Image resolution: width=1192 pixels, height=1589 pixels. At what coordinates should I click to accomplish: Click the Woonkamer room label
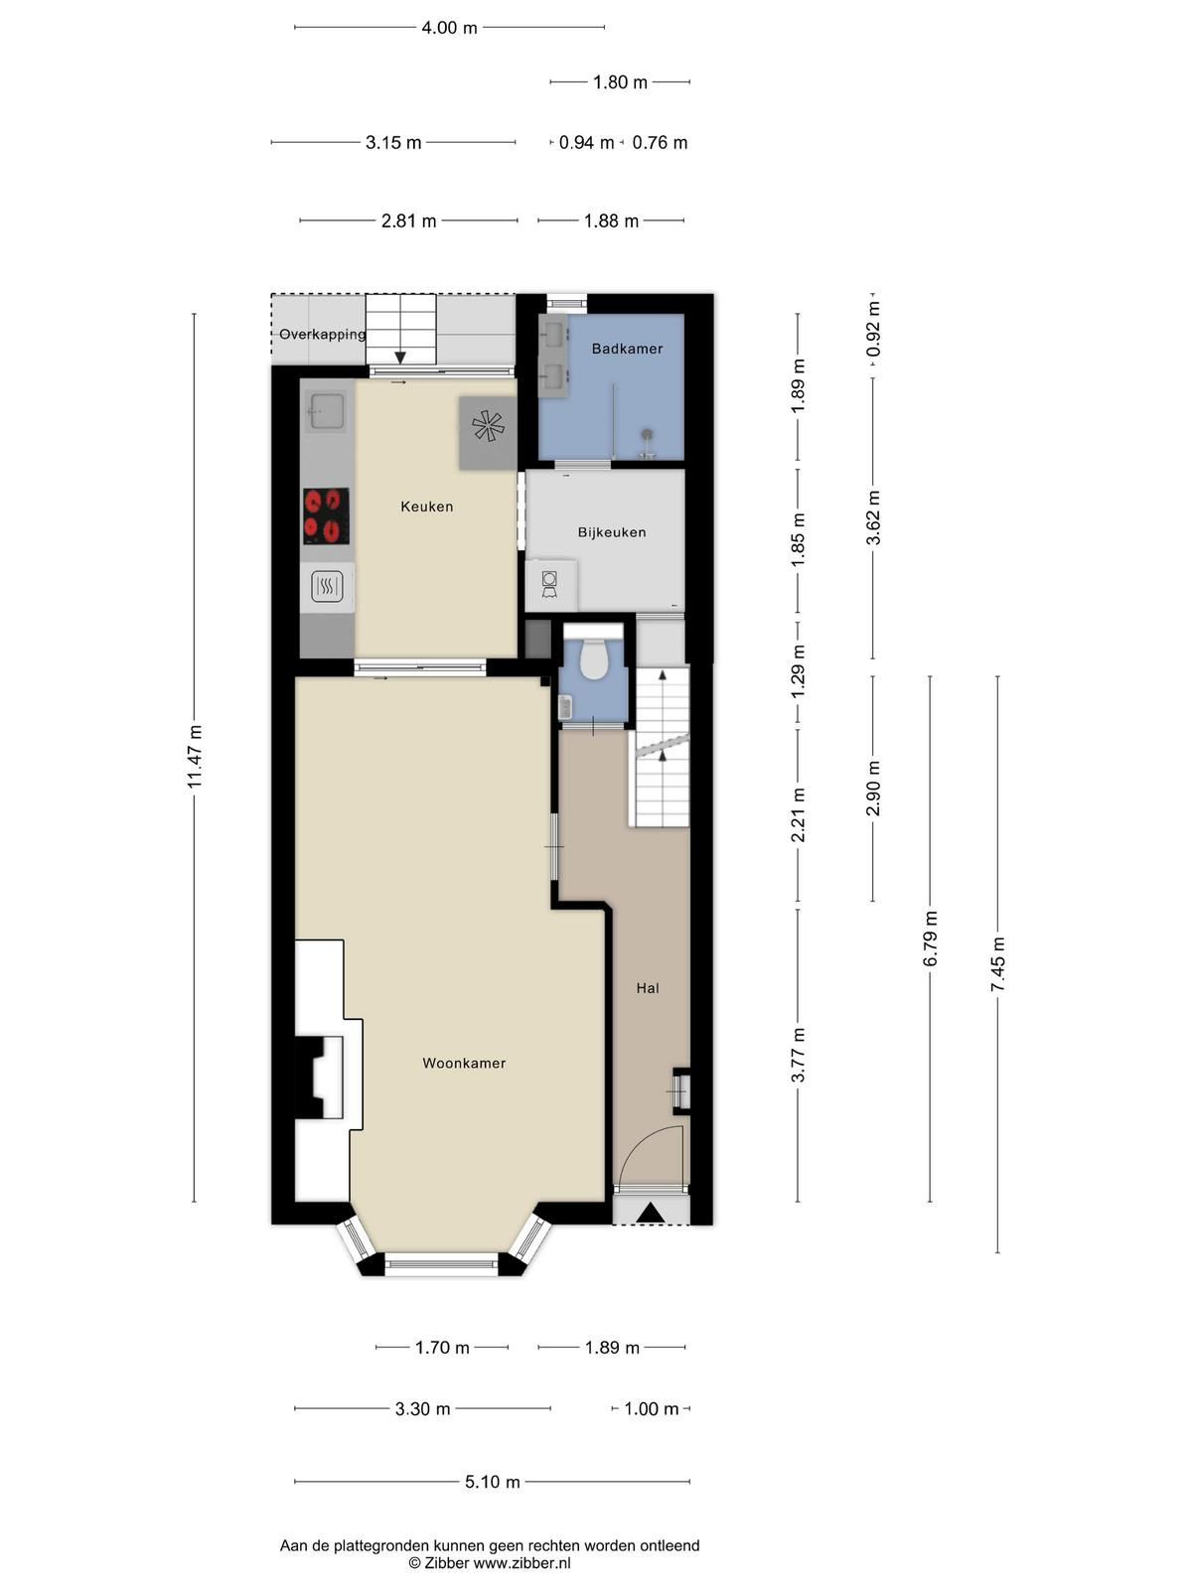click(x=464, y=1064)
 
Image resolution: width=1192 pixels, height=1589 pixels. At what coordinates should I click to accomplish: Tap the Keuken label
click(x=427, y=506)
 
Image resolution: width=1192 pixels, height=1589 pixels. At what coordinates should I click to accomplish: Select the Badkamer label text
click(x=627, y=349)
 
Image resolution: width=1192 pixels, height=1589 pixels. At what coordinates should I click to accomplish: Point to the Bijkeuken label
click(x=612, y=532)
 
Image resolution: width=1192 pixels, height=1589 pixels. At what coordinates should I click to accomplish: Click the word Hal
click(x=648, y=988)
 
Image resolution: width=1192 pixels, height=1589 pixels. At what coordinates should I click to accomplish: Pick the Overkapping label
click(x=323, y=335)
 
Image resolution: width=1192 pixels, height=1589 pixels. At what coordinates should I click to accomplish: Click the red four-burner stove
click(x=326, y=516)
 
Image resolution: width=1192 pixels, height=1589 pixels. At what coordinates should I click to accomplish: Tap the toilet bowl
click(x=593, y=659)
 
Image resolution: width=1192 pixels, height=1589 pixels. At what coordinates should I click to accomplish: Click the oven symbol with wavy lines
click(x=327, y=586)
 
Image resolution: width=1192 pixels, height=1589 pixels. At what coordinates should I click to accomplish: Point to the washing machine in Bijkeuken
click(x=550, y=585)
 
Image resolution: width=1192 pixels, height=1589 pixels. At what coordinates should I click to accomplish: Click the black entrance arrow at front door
click(x=650, y=1213)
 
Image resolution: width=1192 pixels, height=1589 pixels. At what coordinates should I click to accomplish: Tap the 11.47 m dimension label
click(x=195, y=757)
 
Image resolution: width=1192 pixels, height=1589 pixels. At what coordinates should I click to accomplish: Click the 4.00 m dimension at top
click(x=449, y=28)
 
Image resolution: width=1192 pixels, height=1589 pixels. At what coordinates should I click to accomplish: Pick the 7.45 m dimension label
click(x=998, y=964)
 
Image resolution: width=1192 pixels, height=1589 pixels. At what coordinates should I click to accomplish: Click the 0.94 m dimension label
click(x=586, y=143)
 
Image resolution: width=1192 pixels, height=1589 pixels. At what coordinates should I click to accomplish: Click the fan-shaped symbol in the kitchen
click(x=488, y=426)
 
